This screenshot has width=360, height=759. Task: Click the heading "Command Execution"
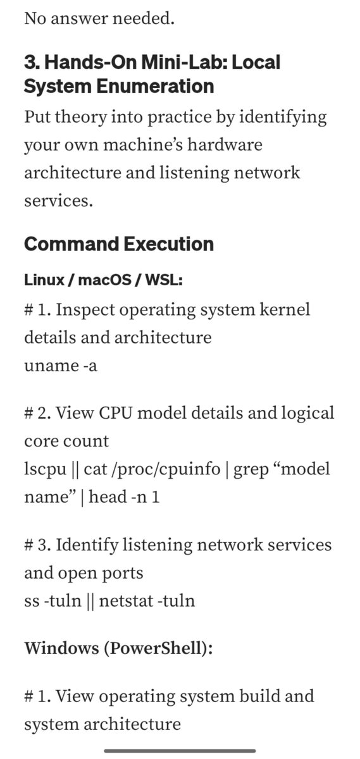click(119, 244)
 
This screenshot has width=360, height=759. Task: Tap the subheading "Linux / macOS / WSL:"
click(103, 280)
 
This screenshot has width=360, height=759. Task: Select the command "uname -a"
click(61, 366)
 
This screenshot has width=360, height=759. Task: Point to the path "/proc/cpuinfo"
click(168, 469)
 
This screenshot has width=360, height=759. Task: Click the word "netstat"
click(126, 601)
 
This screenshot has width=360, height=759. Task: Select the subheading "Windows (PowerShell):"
click(119, 648)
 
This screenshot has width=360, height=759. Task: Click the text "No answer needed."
click(99, 18)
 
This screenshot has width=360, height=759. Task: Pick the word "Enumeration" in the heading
click(155, 86)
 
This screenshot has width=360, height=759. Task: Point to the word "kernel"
click(285, 309)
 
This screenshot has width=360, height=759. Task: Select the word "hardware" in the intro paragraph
click(225, 145)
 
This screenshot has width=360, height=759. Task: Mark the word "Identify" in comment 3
click(87, 545)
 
